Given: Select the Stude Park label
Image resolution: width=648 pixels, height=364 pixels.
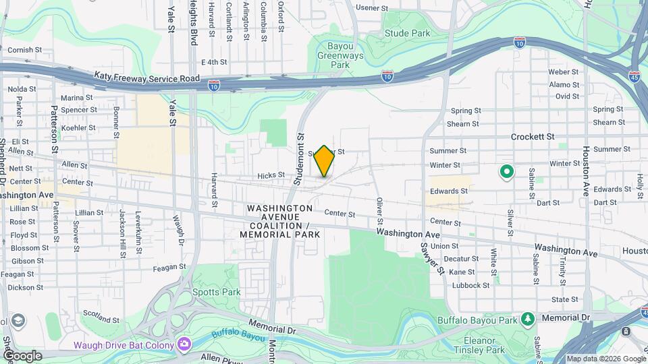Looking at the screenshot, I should pyautogui.click(x=407, y=33).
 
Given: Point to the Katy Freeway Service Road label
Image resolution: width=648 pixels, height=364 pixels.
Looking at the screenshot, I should pyautogui.click(x=146, y=78).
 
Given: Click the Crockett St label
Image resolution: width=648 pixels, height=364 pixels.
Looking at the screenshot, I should pyautogui.click(x=532, y=136).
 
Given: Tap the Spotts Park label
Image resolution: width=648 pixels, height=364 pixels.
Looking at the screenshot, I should pyautogui.click(x=207, y=293).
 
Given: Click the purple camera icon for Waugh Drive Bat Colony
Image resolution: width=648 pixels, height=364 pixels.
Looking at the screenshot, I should pyautogui.click(x=184, y=344).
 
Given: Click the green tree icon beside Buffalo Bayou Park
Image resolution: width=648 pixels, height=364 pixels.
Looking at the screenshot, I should pyautogui.click(x=528, y=318).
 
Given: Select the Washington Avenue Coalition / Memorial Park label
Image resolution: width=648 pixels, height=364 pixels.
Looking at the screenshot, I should pyautogui.click(x=279, y=221).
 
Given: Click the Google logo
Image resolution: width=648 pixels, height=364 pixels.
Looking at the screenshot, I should pyautogui.click(x=22, y=356).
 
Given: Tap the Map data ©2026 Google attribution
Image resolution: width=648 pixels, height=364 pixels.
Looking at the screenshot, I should pyautogui.click(x=605, y=359).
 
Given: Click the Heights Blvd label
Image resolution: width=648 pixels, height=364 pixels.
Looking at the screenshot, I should pyautogui.click(x=193, y=22).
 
